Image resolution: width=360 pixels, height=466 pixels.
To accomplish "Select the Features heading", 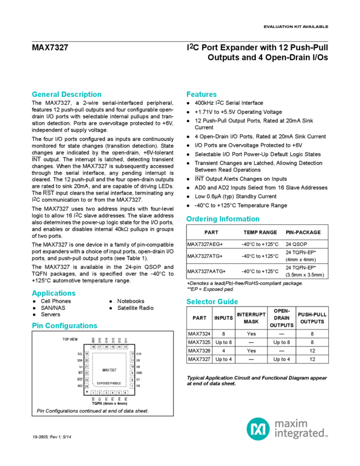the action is [x=202, y=93].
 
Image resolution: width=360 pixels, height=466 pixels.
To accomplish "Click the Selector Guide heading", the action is [x=212, y=302].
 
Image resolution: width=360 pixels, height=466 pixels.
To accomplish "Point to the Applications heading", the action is [x=53, y=293].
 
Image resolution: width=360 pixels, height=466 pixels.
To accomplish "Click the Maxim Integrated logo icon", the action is [x=256, y=427].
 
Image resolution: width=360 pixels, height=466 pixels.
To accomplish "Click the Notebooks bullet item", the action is [x=131, y=301].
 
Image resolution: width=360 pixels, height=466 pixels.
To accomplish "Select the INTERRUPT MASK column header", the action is [x=250, y=317].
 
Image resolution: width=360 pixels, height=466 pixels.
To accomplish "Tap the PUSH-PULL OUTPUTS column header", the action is [x=312, y=317].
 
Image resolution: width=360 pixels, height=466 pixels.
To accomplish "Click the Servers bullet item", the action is [x=50, y=315].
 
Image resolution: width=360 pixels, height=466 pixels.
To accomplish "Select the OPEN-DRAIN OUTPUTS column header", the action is [x=281, y=317].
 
